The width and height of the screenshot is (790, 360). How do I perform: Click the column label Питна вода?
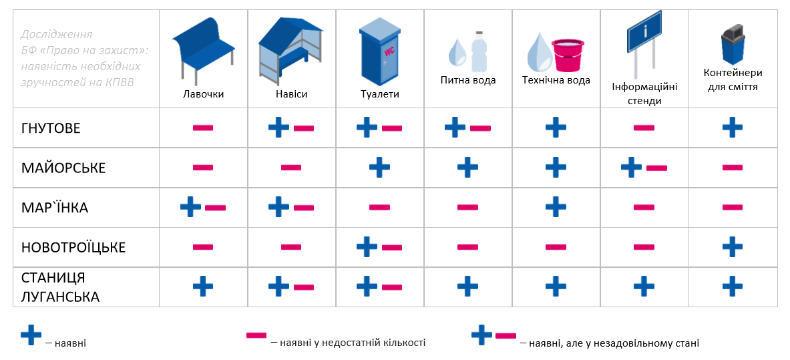468,81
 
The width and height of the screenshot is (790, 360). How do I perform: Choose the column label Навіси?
291,94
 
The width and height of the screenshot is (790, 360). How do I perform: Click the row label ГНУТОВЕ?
51,128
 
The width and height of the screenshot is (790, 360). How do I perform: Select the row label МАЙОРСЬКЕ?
63,168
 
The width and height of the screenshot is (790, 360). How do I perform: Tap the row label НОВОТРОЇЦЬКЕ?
73,247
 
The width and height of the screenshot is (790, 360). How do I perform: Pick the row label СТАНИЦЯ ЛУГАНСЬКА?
60,287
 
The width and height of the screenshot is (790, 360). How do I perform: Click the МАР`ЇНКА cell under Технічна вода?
556,207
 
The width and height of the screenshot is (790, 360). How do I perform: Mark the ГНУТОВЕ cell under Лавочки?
203,128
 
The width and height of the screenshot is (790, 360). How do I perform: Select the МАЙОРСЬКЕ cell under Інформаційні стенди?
644,167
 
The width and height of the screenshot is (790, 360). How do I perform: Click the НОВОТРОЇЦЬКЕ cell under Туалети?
379,247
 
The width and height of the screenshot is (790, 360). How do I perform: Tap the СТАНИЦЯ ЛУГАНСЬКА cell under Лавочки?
203,287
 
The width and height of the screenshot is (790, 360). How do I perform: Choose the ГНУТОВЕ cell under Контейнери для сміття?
733,127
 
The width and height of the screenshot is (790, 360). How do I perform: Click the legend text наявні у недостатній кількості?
348,343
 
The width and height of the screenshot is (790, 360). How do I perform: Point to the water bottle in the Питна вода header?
479,51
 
